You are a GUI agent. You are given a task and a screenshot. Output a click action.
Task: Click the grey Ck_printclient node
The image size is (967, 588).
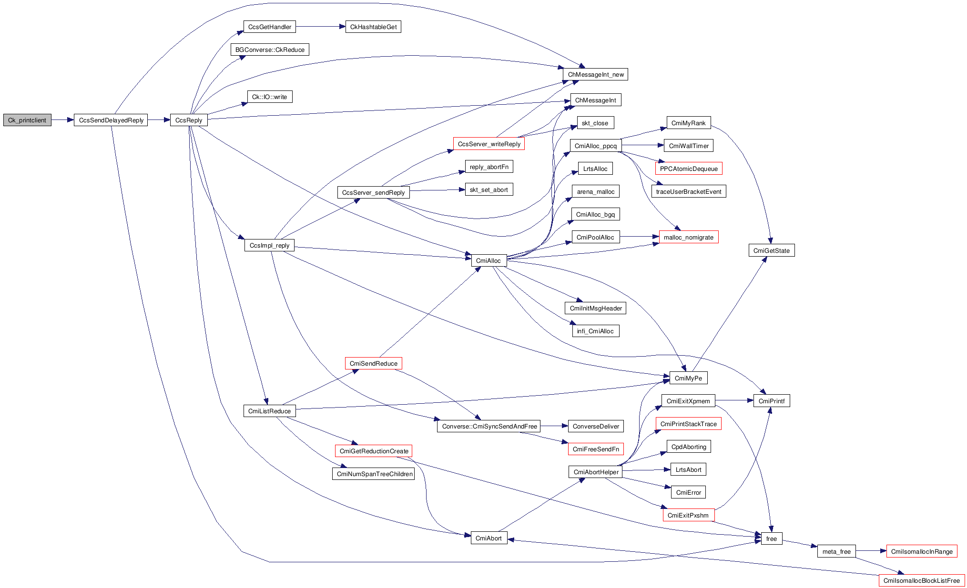tap(27, 120)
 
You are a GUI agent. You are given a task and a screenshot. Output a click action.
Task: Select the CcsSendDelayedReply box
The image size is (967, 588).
tap(111, 120)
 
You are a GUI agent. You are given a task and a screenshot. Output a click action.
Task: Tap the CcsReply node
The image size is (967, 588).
tap(189, 120)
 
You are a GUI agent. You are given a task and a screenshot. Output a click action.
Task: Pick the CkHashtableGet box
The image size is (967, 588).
tap(373, 27)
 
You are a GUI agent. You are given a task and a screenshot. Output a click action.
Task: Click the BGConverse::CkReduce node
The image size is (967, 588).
tap(270, 50)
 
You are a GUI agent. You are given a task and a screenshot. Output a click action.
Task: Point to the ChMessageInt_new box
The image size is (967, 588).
tap(595, 74)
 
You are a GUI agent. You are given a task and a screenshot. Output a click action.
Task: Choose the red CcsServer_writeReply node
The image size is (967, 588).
tap(489, 144)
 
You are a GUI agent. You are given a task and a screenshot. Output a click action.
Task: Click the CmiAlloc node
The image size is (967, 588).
tap(489, 260)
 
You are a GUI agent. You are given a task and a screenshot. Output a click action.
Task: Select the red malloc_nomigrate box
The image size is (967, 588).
tap(688, 237)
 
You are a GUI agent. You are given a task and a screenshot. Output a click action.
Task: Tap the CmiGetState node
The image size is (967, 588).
tap(771, 250)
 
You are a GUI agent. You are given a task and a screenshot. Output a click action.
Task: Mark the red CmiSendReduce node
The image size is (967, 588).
tap(374, 363)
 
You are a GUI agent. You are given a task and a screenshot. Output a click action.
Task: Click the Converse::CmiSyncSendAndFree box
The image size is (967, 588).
tap(489, 426)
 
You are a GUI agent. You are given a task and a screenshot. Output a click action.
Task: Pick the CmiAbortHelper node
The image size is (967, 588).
tap(596, 472)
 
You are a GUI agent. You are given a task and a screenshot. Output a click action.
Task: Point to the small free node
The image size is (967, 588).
tap(772, 538)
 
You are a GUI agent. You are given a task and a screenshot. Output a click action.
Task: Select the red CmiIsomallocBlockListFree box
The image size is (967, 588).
tap(921, 580)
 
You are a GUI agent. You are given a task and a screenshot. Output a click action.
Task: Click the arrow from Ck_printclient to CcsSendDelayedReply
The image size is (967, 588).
tap(62, 120)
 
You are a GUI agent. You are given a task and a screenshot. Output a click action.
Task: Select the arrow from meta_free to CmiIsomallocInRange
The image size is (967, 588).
tap(871, 551)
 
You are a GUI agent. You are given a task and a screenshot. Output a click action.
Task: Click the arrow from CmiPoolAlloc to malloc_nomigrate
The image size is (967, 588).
tap(639, 236)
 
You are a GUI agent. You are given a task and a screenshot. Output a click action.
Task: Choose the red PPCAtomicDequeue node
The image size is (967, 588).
tap(689, 169)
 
